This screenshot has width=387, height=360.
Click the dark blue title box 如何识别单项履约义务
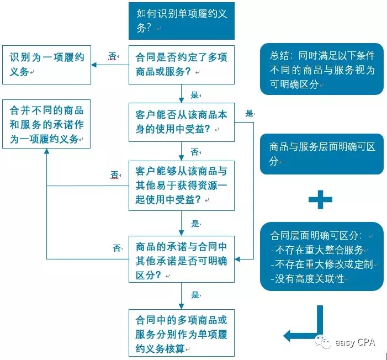[x=182, y=21]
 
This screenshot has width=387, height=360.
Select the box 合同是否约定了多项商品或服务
[x=182, y=65]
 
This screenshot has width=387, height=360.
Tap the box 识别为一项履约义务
[x=46, y=65]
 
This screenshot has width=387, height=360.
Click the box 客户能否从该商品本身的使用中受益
[x=182, y=122]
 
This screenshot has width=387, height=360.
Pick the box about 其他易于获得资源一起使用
[x=182, y=186]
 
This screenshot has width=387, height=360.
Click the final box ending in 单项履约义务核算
[x=182, y=334]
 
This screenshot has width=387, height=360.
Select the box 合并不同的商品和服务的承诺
[x=46, y=125]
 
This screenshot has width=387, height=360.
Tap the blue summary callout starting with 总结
[x=321, y=70]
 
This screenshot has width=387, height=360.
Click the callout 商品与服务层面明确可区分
[x=321, y=153]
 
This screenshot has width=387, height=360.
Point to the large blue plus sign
[x=320, y=200]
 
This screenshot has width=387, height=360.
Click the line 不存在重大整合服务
[x=317, y=250]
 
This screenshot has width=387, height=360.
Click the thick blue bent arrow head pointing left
[x=290, y=334]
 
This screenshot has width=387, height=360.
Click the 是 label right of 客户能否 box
[x=249, y=113]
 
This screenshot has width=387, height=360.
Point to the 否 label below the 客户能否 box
[x=194, y=151]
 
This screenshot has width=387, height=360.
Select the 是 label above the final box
[x=194, y=295]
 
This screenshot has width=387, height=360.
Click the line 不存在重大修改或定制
[x=321, y=264]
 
